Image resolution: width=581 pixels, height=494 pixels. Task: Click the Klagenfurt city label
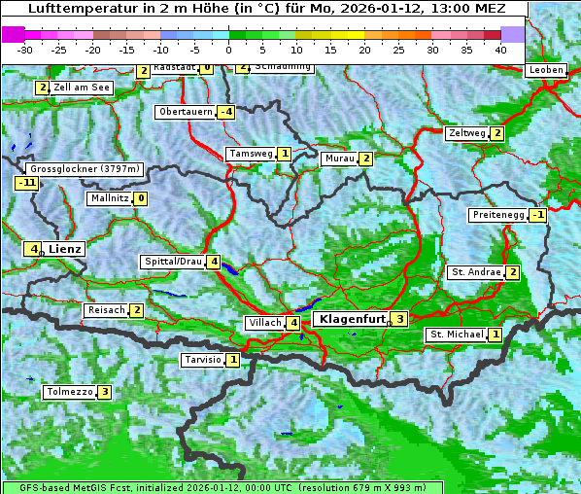(350, 318)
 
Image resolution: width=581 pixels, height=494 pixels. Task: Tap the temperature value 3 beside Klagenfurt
(398, 318)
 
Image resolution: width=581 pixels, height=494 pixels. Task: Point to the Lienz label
(65, 249)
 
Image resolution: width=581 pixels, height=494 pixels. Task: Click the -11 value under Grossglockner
(26, 182)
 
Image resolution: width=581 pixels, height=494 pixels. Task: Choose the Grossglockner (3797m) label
(85, 168)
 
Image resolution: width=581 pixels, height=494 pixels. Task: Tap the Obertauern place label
(185, 112)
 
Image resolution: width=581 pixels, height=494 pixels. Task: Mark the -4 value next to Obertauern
(225, 112)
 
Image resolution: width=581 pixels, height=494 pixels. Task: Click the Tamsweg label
(250, 154)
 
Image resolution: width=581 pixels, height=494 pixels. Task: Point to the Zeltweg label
(466, 133)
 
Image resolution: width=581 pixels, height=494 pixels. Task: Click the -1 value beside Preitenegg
(537, 215)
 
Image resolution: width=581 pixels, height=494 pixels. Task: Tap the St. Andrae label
(475, 272)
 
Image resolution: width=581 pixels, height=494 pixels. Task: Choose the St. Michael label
(456, 335)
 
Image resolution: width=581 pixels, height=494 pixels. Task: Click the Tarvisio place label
(202, 360)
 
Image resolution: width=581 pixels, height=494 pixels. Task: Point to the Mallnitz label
(109, 198)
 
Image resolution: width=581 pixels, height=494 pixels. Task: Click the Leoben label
(545, 70)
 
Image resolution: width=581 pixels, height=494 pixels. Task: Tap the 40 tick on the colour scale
(500, 49)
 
